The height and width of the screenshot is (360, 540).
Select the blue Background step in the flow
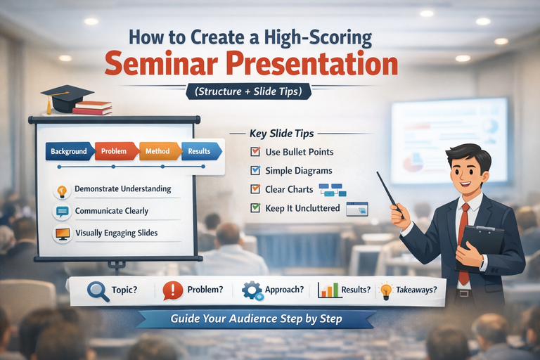pos(69,151)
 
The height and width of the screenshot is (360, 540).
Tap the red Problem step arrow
pos(115,151)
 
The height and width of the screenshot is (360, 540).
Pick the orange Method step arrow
pos(158,151)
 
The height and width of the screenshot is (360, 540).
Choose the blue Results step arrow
pos(200,151)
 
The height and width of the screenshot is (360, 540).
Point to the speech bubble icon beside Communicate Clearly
pos(62,212)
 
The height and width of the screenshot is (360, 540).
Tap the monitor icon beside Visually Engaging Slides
pos(62,233)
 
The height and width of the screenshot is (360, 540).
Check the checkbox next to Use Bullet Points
pos(255,152)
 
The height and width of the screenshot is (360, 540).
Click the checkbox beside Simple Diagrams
pos(255,170)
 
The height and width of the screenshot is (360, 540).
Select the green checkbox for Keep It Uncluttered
pos(255,208)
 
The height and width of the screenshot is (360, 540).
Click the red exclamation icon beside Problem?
pos(173,290)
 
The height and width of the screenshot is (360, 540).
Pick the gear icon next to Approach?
pos(251,290)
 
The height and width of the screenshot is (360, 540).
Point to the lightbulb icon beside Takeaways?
pos(386,290)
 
